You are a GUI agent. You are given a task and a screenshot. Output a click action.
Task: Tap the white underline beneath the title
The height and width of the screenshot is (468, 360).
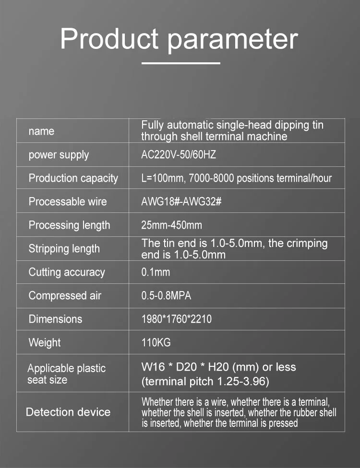[181, 63]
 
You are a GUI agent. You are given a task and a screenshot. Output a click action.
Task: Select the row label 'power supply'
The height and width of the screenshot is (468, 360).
[59, 155]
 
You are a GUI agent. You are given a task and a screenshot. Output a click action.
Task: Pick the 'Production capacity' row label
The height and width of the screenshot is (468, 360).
[73, 178]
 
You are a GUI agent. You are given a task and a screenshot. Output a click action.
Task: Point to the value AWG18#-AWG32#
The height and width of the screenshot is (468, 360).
[181, 201]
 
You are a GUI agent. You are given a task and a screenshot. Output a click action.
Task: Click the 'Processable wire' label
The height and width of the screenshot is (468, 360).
[68, 201]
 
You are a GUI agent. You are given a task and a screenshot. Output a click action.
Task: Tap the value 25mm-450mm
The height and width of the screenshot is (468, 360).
[171, 225]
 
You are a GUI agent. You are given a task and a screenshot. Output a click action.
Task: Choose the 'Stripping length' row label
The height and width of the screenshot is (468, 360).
[64, 248]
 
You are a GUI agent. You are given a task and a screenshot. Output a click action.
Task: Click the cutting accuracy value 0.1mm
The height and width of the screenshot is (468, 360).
[156, 272]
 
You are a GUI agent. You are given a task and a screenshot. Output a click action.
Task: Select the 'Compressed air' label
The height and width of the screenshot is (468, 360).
[65, 295]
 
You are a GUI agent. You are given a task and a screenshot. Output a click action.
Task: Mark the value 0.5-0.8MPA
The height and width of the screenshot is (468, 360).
[166, 295]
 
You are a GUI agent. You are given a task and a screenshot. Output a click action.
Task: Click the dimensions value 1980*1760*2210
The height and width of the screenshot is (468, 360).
[176, 319]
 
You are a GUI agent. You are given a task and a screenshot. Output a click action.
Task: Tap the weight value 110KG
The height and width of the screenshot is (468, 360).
[156, 342]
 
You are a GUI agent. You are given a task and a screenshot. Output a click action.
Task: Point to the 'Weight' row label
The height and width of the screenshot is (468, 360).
[45, 342]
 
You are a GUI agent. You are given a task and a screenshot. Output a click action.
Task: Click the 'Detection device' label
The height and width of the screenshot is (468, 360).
[68, 412]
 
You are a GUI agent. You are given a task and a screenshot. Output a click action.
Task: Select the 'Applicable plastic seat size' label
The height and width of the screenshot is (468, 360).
[66, 374]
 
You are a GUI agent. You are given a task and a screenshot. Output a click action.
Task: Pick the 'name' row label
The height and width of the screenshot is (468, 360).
[41, 131]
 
